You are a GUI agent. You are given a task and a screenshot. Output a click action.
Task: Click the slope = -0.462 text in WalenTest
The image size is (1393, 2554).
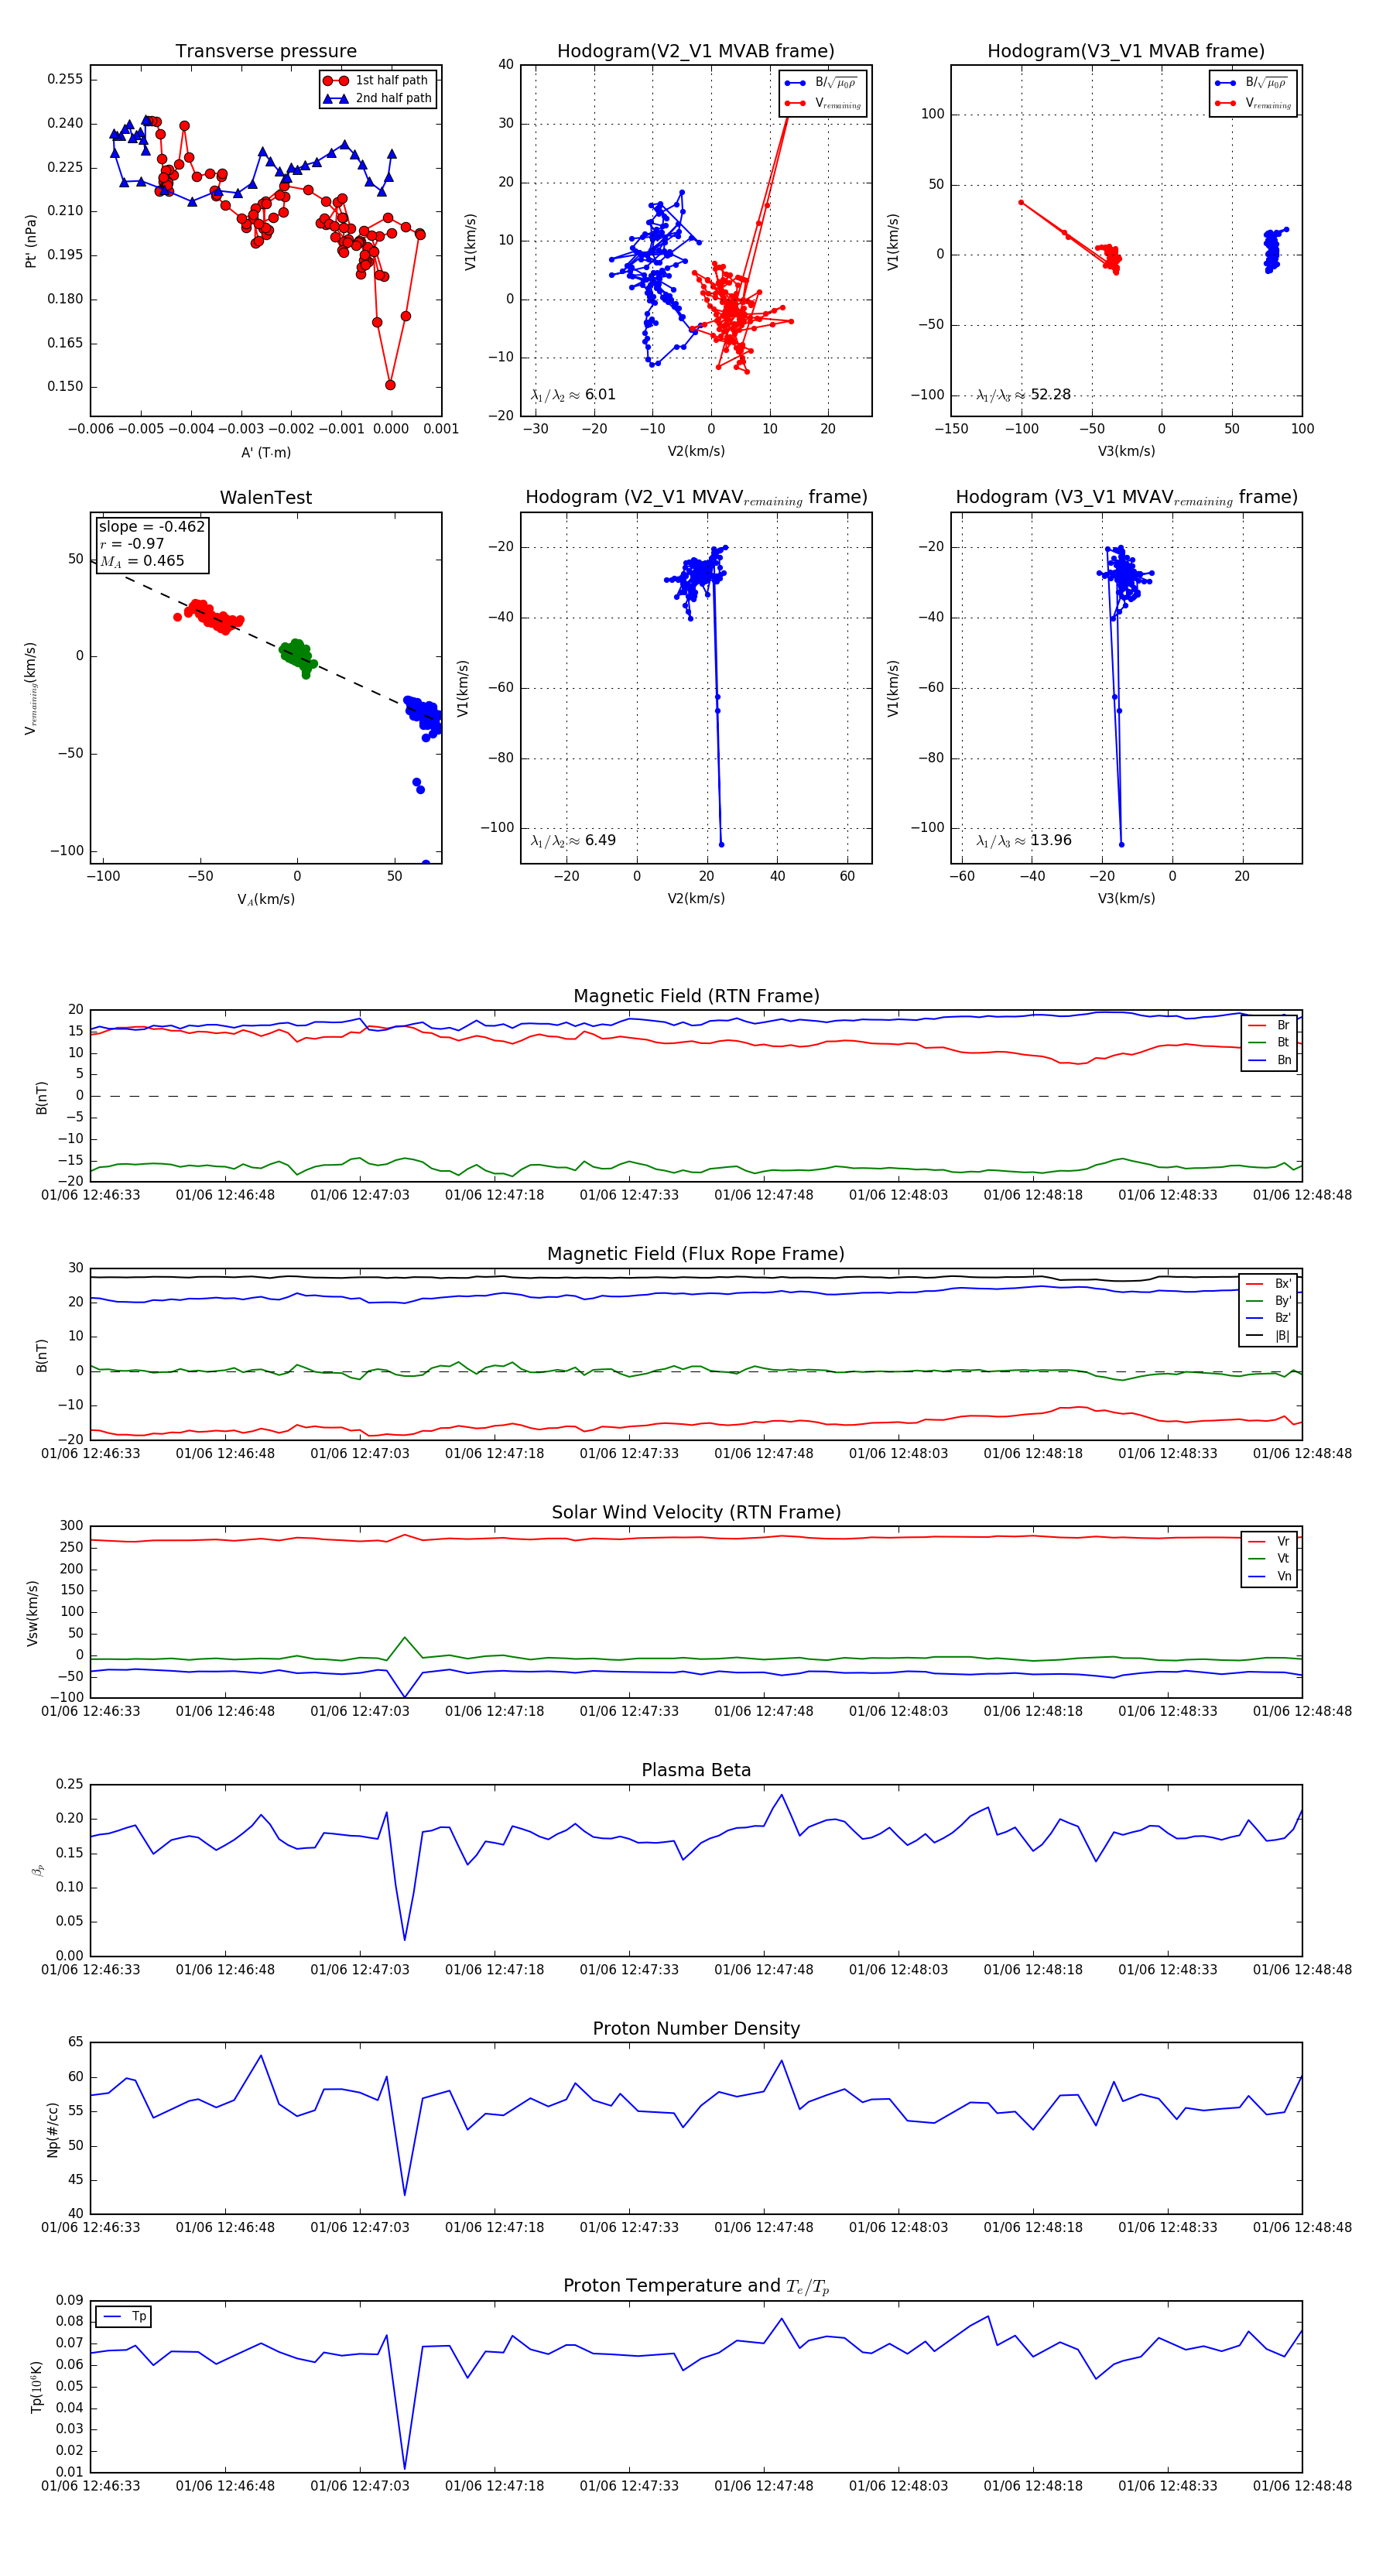[x=152, y=526]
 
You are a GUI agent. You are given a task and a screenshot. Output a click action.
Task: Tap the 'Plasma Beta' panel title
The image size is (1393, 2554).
[x=696, y=1770]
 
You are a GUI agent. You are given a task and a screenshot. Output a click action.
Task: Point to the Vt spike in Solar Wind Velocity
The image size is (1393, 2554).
[x=405, y=1637]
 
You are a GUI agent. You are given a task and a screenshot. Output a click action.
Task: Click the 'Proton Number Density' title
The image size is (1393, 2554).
[x=696, y=2028]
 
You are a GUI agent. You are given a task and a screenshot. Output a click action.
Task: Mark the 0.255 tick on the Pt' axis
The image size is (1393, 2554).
[x=66, y=79]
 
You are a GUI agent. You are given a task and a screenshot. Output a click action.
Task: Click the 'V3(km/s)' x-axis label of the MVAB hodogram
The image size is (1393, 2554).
[x=1126, y=451]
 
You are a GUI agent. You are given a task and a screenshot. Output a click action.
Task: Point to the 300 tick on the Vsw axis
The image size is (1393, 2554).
[x=71, y=1526]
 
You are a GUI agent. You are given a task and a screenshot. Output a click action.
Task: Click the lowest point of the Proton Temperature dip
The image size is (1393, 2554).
[x=405, y=2468]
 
